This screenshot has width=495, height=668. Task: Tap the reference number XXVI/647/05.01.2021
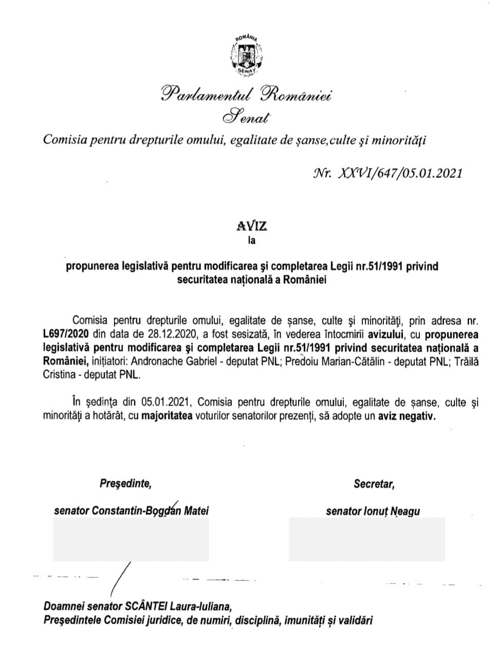399,173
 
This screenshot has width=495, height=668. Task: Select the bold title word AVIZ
252,226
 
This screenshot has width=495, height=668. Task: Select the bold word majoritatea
167,417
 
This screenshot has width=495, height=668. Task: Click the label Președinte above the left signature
125,483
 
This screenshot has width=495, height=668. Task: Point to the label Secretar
374,483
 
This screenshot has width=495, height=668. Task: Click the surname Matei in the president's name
197,511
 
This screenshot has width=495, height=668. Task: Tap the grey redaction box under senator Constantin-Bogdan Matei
131,538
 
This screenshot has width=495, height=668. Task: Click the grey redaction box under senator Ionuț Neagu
366,538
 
